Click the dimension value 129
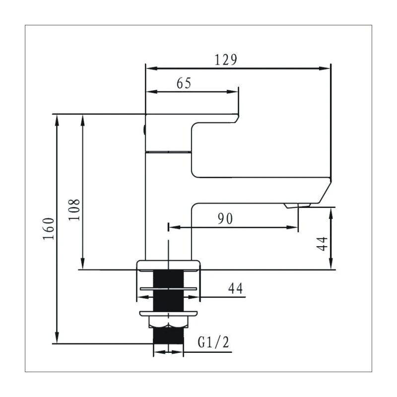[226, 60]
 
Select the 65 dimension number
[184, 83]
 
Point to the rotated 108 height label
[74, 210]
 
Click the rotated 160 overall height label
[48, 228]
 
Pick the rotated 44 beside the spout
[323, 243]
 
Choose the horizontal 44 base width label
[235, 288]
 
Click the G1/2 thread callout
[213, 342]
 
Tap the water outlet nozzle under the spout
[297, 205]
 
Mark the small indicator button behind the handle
[144, 131]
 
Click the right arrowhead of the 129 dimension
[326, 68]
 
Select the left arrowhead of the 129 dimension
[149, 68]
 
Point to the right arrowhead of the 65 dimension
[234, 92]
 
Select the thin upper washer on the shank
[169, 288]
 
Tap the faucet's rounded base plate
[169, 265]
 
